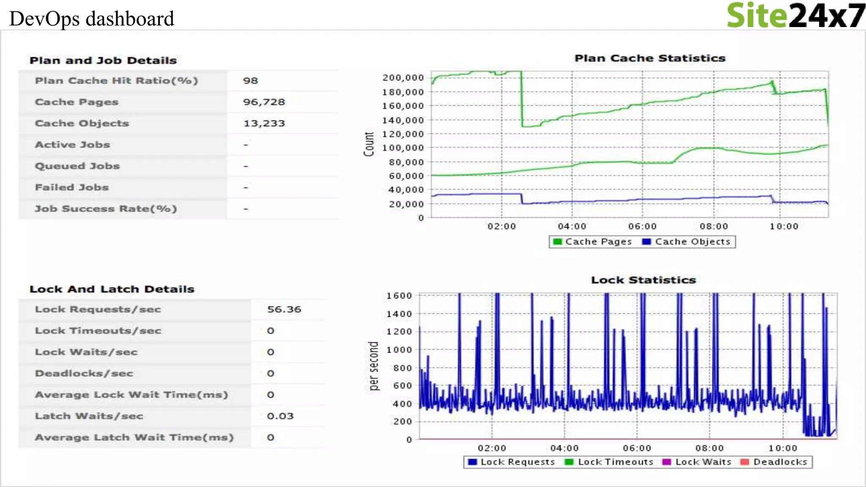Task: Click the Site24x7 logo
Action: point(795,16)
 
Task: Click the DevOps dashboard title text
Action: point(92,19)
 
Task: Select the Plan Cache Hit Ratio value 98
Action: point(250,81)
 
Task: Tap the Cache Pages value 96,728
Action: point(264,102)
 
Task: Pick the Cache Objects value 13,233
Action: point(264,123)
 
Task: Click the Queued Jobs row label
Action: point(77,166)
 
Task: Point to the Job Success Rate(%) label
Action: point(106,209)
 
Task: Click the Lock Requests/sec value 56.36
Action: point(284,309)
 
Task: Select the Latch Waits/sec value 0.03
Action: point(280,416)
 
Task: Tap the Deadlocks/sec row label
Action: point(84,373)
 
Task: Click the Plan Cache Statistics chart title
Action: point(650,58)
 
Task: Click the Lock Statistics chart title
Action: point(643,280)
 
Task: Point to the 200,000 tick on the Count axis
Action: point(403,78)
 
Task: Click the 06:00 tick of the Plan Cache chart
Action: point(642,227)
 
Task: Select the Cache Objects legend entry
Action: point(687,242)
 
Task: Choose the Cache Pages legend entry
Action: point(593,242)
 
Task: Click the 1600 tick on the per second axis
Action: point(399,296)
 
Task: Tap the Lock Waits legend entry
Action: point(697,462)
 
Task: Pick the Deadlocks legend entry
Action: point(775,462)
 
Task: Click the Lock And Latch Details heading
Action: point(112,289)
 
